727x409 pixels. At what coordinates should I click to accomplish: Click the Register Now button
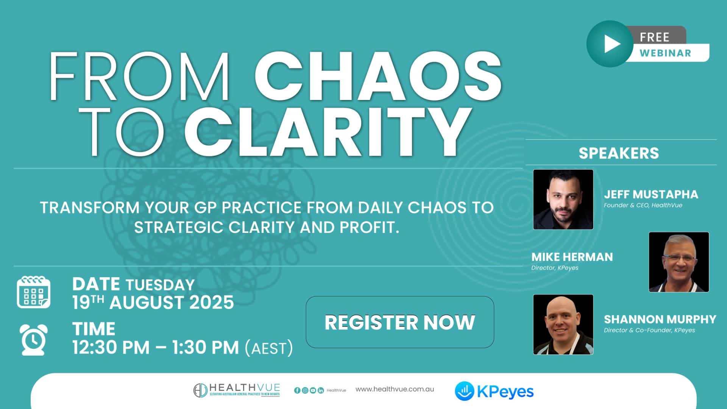(x=400, y=322)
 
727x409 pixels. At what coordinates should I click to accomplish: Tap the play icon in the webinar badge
(x=610, y=44)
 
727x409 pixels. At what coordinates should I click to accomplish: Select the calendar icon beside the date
(x=33, y=292)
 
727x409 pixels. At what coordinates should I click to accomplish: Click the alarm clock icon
(x=33, y=340)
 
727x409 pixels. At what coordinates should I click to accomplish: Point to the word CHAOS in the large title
(x=378, y=76)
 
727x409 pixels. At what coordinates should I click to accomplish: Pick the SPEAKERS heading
(x=619, y=153)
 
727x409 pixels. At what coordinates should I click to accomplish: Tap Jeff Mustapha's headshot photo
(x=563, y=199)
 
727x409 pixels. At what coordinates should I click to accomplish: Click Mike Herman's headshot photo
(x=679, y=262)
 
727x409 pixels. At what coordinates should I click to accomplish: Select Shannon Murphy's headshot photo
(x=563, y=325)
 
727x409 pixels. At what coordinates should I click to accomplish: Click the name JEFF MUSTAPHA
(x=651, y=194)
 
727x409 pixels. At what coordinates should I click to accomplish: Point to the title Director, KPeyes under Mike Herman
(x=555, y=268)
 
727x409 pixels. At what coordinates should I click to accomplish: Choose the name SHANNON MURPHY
(x=660, y=319)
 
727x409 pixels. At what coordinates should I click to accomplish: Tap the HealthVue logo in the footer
(x=237, y=390)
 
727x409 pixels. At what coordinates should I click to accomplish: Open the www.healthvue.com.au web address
(x=395, y=389)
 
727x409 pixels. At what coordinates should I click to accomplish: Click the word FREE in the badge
(x=654, y=37)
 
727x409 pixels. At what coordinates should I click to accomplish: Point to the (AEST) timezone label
(x=269, y=348)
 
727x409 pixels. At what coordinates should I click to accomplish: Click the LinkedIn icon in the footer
(x=321, y=390)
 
